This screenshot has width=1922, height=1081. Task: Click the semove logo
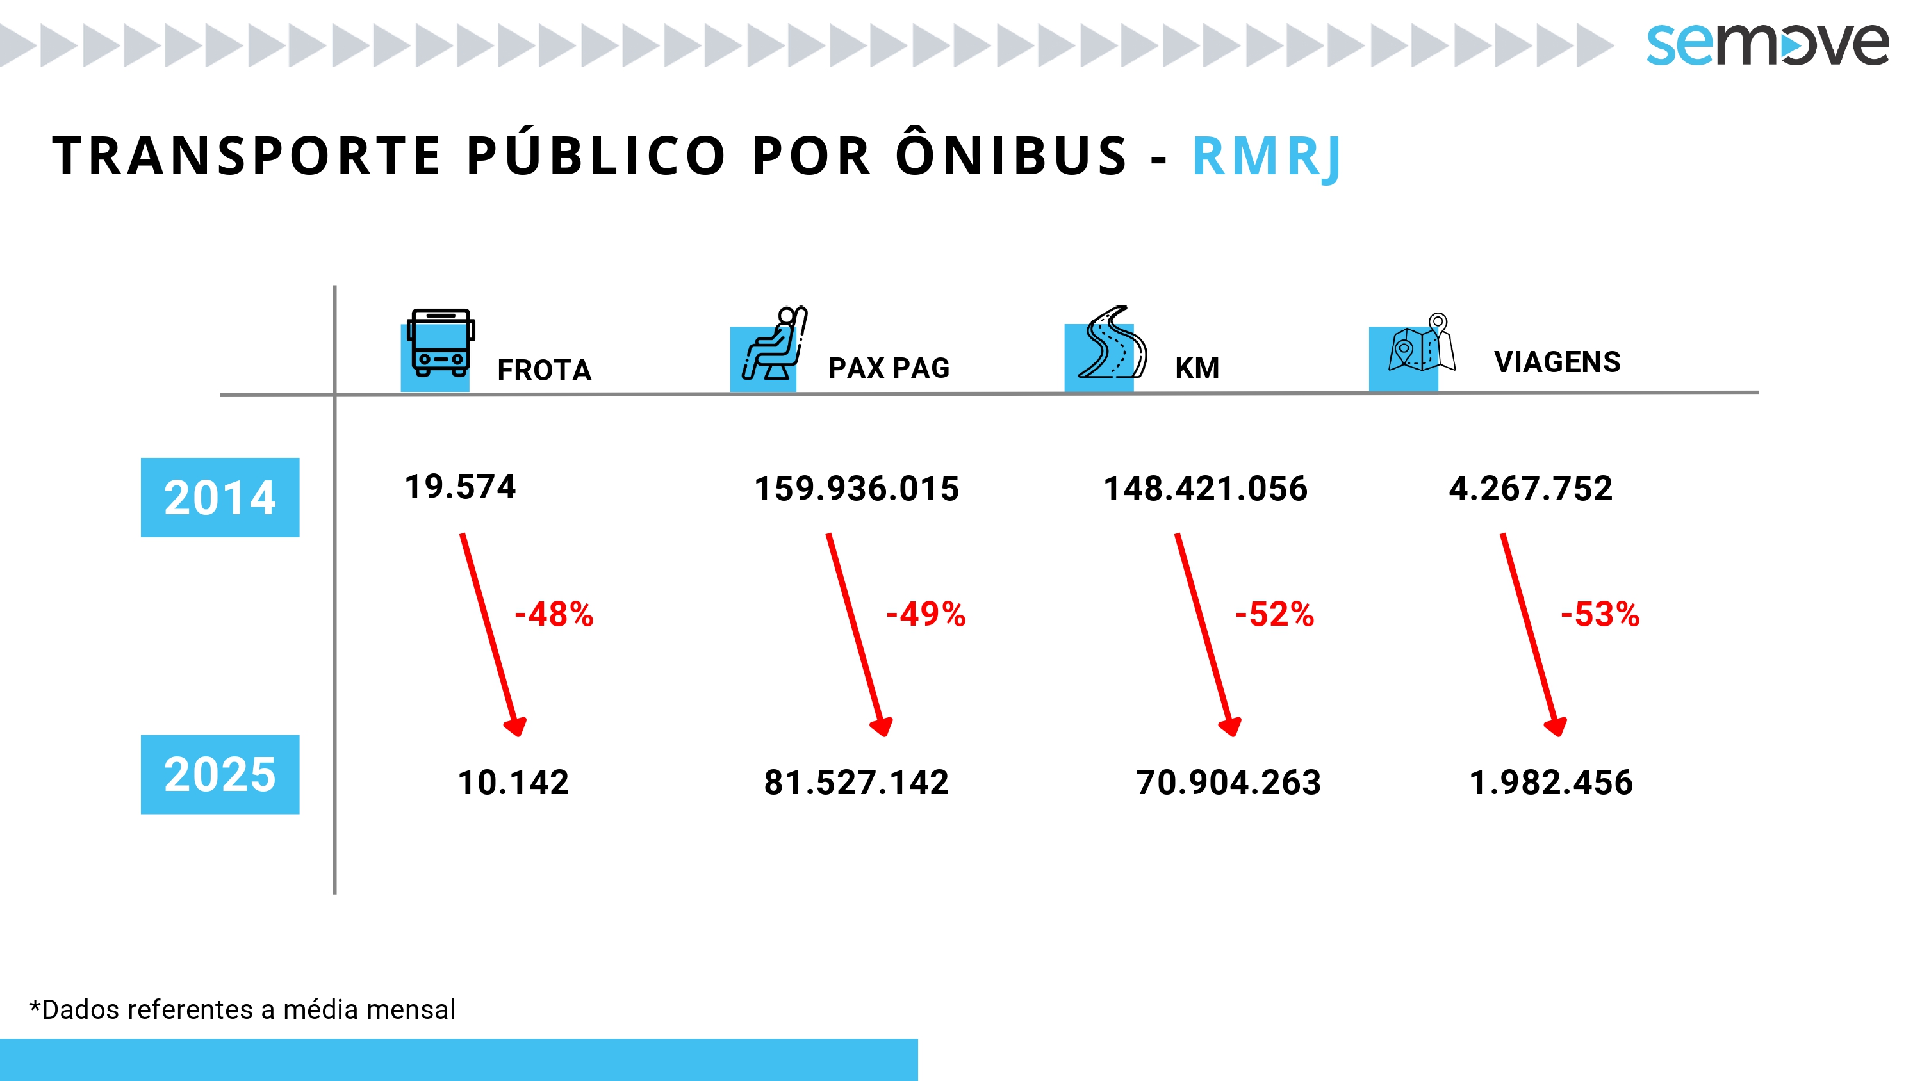1767,44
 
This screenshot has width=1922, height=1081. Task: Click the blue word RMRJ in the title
1267,157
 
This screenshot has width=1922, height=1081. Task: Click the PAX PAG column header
889,368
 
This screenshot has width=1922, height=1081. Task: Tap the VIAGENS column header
1557,362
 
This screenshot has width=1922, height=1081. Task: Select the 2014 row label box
220,498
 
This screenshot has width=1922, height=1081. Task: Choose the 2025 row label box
220,774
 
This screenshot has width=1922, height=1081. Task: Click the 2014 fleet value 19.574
459,487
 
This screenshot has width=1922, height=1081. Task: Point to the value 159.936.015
857,489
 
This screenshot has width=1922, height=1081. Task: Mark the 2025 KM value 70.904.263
1228,783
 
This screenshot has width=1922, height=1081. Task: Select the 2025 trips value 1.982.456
1550,783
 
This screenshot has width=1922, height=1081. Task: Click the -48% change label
554,615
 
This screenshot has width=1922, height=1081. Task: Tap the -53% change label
1600,615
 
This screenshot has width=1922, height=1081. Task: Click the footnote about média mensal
242,1009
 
